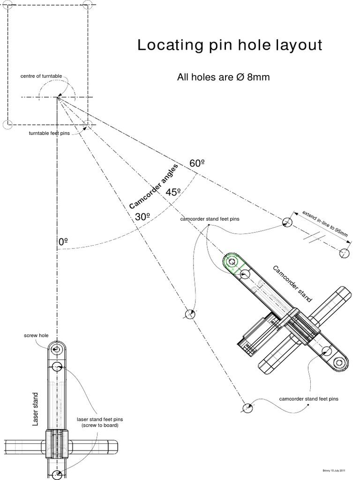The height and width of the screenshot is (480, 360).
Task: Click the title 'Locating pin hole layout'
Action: (230, 45)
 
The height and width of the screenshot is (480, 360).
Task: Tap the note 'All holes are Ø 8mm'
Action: (223, 77)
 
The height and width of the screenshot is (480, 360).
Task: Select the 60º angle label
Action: (197, 164)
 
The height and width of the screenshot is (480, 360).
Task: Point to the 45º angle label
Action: (173, 192)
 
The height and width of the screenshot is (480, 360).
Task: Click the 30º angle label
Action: (142, 217)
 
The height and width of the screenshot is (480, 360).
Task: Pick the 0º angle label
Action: (63, 242)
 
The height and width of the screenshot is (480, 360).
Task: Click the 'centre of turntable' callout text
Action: (41, 76)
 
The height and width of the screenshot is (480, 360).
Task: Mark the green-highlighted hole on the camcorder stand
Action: (231, 261)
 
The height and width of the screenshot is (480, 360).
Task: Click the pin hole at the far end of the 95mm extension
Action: (345, 253)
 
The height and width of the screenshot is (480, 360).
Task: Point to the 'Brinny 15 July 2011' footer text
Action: (334, 470)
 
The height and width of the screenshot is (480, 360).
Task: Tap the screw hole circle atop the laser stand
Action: (57, 349)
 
